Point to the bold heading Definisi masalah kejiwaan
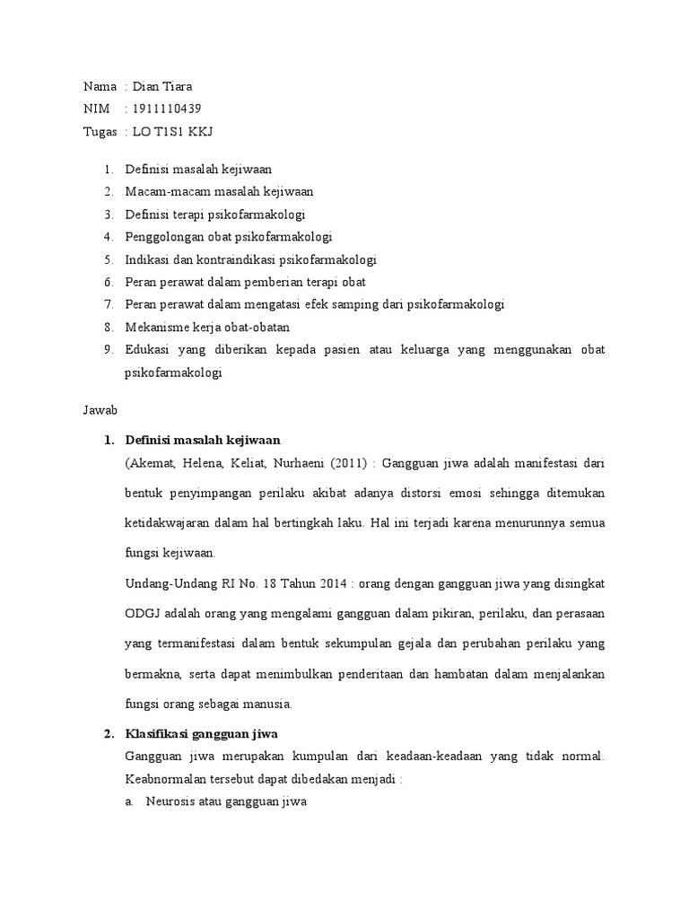(203, 440)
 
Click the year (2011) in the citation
(344, 463)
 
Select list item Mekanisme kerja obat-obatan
(208, 327)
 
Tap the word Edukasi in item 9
(148, 349)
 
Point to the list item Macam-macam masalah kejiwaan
(219, 191)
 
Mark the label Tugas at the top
(100, 133)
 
